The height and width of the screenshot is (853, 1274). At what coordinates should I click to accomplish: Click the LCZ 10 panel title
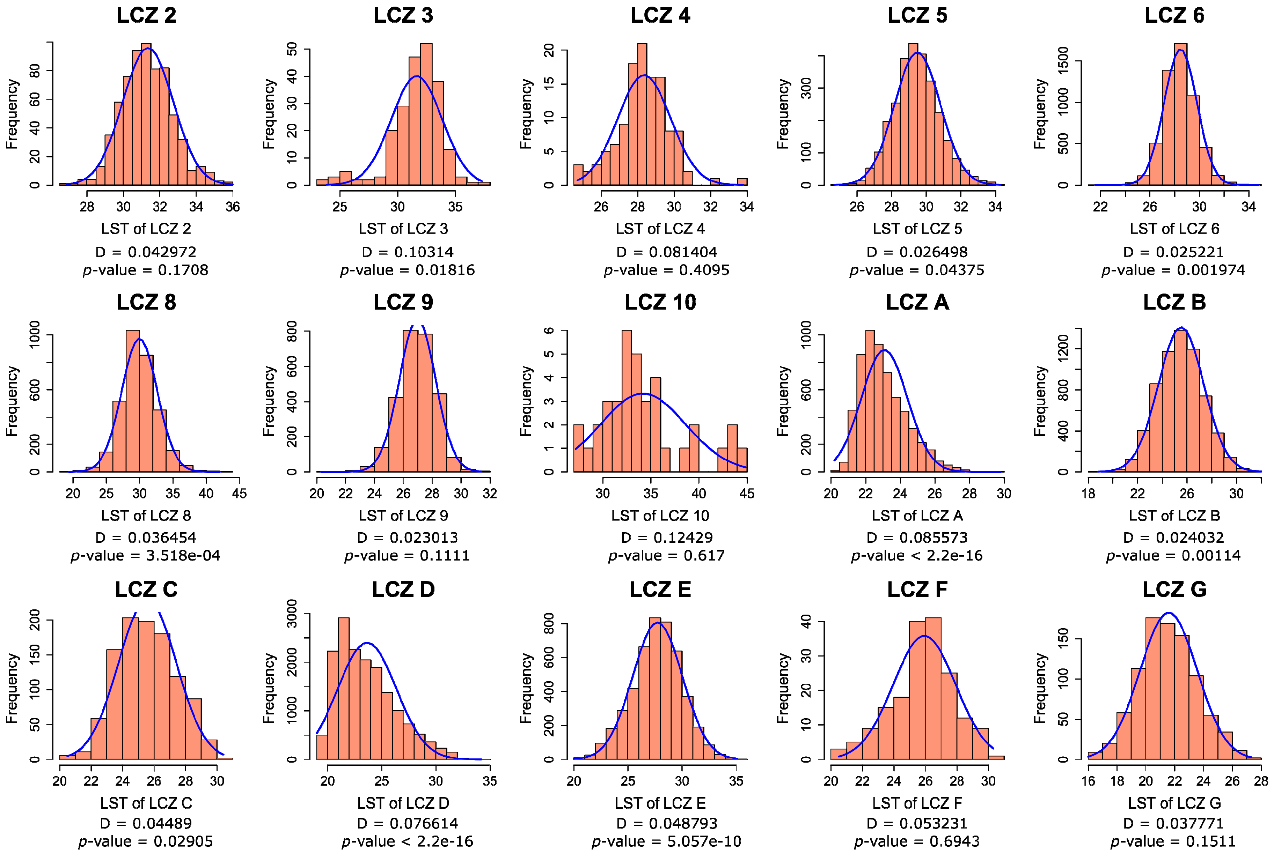coord(660,303)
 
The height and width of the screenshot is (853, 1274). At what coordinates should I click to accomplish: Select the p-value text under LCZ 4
coord(666,270)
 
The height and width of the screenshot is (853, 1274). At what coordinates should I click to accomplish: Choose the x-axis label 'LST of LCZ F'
coord(917,803)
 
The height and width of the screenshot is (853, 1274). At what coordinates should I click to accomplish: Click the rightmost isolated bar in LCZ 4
coord(742,182)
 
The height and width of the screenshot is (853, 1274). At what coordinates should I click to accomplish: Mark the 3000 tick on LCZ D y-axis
coord(292,614)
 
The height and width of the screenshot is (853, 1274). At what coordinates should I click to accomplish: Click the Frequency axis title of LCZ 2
coord(12,114)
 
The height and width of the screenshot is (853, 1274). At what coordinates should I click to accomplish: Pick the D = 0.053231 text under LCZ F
coord(917,824)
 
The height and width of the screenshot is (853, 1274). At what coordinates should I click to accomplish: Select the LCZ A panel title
coord(917,303)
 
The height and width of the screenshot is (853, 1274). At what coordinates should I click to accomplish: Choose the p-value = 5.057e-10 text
coord(666,841)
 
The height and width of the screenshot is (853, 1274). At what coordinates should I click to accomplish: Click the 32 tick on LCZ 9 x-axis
coord(490,494)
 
